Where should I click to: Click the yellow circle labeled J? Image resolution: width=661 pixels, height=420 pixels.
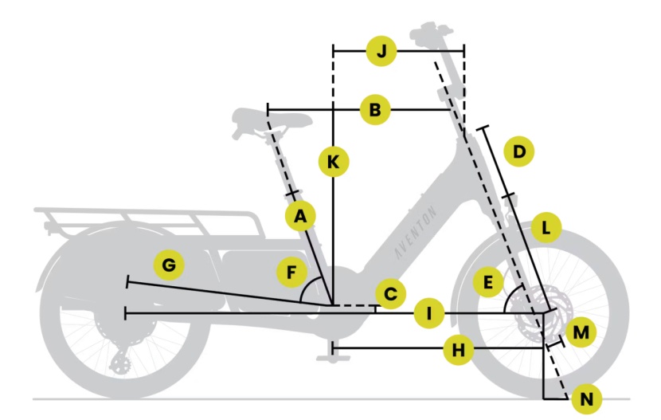click(381, 52)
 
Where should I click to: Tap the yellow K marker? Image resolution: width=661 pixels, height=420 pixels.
click(333, 163)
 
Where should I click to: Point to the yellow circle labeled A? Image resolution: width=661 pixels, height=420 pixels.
click(300, 215)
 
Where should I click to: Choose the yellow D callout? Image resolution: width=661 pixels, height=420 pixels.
click(519, 151)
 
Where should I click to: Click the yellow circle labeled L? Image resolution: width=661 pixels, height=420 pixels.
click(546, 228)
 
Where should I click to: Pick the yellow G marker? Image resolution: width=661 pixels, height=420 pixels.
click(169, 265)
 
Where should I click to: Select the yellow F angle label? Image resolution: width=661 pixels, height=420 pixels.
click(292, 273)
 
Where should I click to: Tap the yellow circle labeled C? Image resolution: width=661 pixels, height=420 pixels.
click(390, 294)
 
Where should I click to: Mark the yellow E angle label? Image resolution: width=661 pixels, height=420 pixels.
click(487, 281)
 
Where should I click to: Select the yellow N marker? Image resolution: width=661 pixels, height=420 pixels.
click(587, 398)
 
